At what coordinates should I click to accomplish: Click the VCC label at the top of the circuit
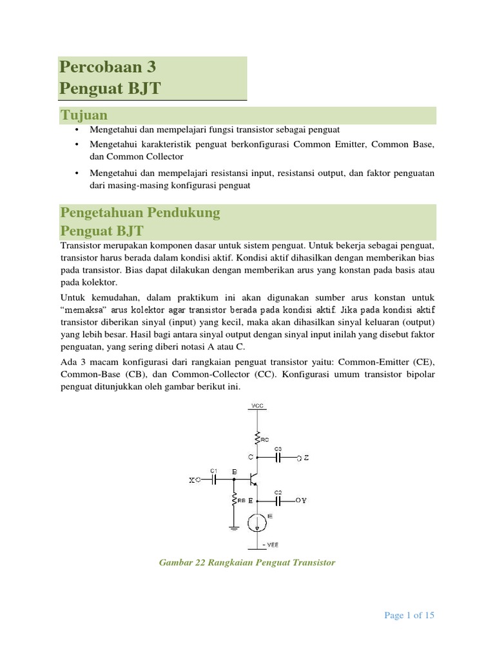(x=257, y=406)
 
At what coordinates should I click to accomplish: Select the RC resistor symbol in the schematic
(x=257, y=438)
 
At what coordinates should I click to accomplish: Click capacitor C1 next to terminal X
(x=215, y=480)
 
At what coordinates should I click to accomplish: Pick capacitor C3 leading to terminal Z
(x=278, y=458)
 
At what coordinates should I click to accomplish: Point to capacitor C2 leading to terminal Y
(x=278, y=500)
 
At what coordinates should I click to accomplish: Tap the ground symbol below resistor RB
(x=233, y=527)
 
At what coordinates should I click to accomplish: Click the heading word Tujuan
(x=84, y=115)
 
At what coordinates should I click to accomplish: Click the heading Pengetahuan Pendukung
(x=140, y=212)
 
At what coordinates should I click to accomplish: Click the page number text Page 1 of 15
(x=409, y=616)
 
